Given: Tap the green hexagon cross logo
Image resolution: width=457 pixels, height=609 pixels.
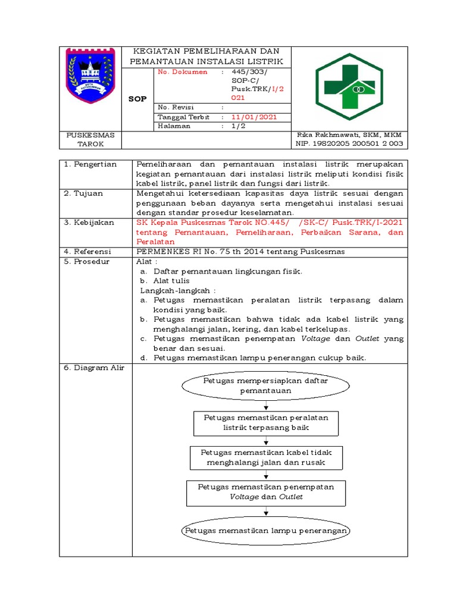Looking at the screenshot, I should click(349, 87).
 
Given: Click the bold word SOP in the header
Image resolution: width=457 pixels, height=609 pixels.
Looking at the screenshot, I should click(137, 99).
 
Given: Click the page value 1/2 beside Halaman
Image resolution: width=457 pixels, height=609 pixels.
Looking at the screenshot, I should click(238, 126).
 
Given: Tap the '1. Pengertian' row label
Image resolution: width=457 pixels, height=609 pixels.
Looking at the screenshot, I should click(90, 164).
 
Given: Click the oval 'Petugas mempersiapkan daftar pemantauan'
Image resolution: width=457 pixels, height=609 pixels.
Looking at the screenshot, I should click(265, 385).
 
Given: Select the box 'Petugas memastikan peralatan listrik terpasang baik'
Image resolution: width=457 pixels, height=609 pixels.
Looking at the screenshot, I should click(265, 422).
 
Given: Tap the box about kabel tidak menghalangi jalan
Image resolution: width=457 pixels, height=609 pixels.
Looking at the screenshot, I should click(265, 457).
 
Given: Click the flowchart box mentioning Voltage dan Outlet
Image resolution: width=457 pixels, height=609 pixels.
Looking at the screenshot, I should click(265, 492).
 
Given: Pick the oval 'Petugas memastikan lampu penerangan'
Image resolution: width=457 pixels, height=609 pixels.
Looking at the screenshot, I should click(265, 530).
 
